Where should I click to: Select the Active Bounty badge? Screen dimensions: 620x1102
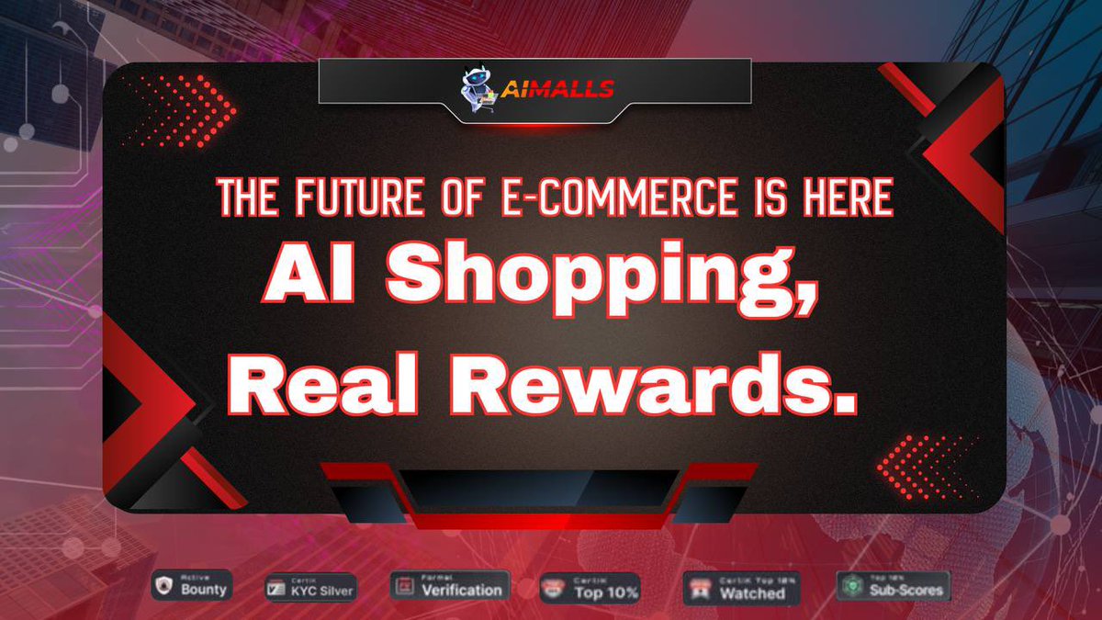click(192, 585)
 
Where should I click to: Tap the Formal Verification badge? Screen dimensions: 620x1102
click(450, 586)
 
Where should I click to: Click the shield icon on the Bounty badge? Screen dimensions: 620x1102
click(166, 586)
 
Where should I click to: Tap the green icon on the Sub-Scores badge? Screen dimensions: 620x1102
click(852, 586)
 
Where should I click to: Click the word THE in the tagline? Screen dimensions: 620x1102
click(246, 199)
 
